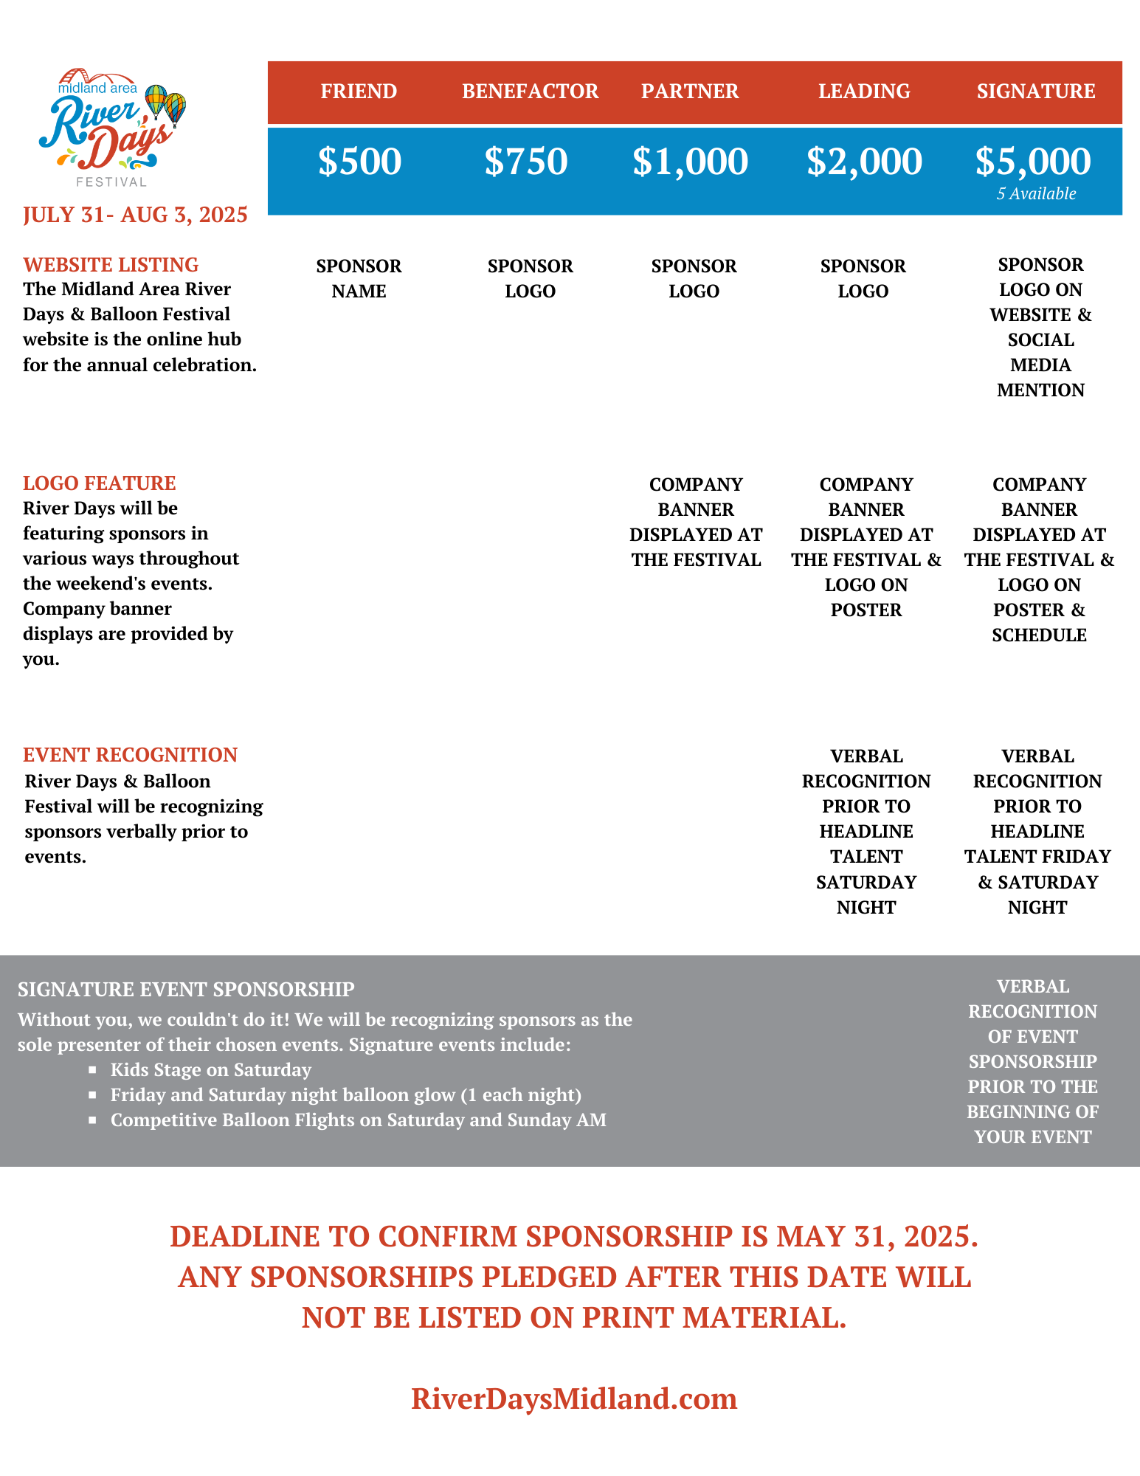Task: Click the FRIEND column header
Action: point(359,92)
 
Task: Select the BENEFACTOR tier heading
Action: point(530,92)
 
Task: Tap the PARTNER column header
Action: point(690,92)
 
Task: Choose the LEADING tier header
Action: point(864,92)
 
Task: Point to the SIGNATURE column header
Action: point(1036,92)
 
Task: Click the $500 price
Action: point(359,162)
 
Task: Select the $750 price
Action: point(526,162)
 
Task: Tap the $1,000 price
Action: point(690,162)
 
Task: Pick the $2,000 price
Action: point(864,162)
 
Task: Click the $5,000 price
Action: point(1033,162)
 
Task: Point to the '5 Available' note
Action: point(1036,194)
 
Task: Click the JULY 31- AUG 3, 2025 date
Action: point(135,215)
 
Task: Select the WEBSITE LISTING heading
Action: point(111,265)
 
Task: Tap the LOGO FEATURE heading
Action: point(100,483)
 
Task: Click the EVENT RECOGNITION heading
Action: point(130,755)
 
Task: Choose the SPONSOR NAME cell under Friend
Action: point(359,278)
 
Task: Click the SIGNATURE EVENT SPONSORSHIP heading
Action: point(186,990)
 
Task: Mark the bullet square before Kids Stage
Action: point(92,1069)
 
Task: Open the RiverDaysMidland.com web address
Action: point(574,1399)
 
